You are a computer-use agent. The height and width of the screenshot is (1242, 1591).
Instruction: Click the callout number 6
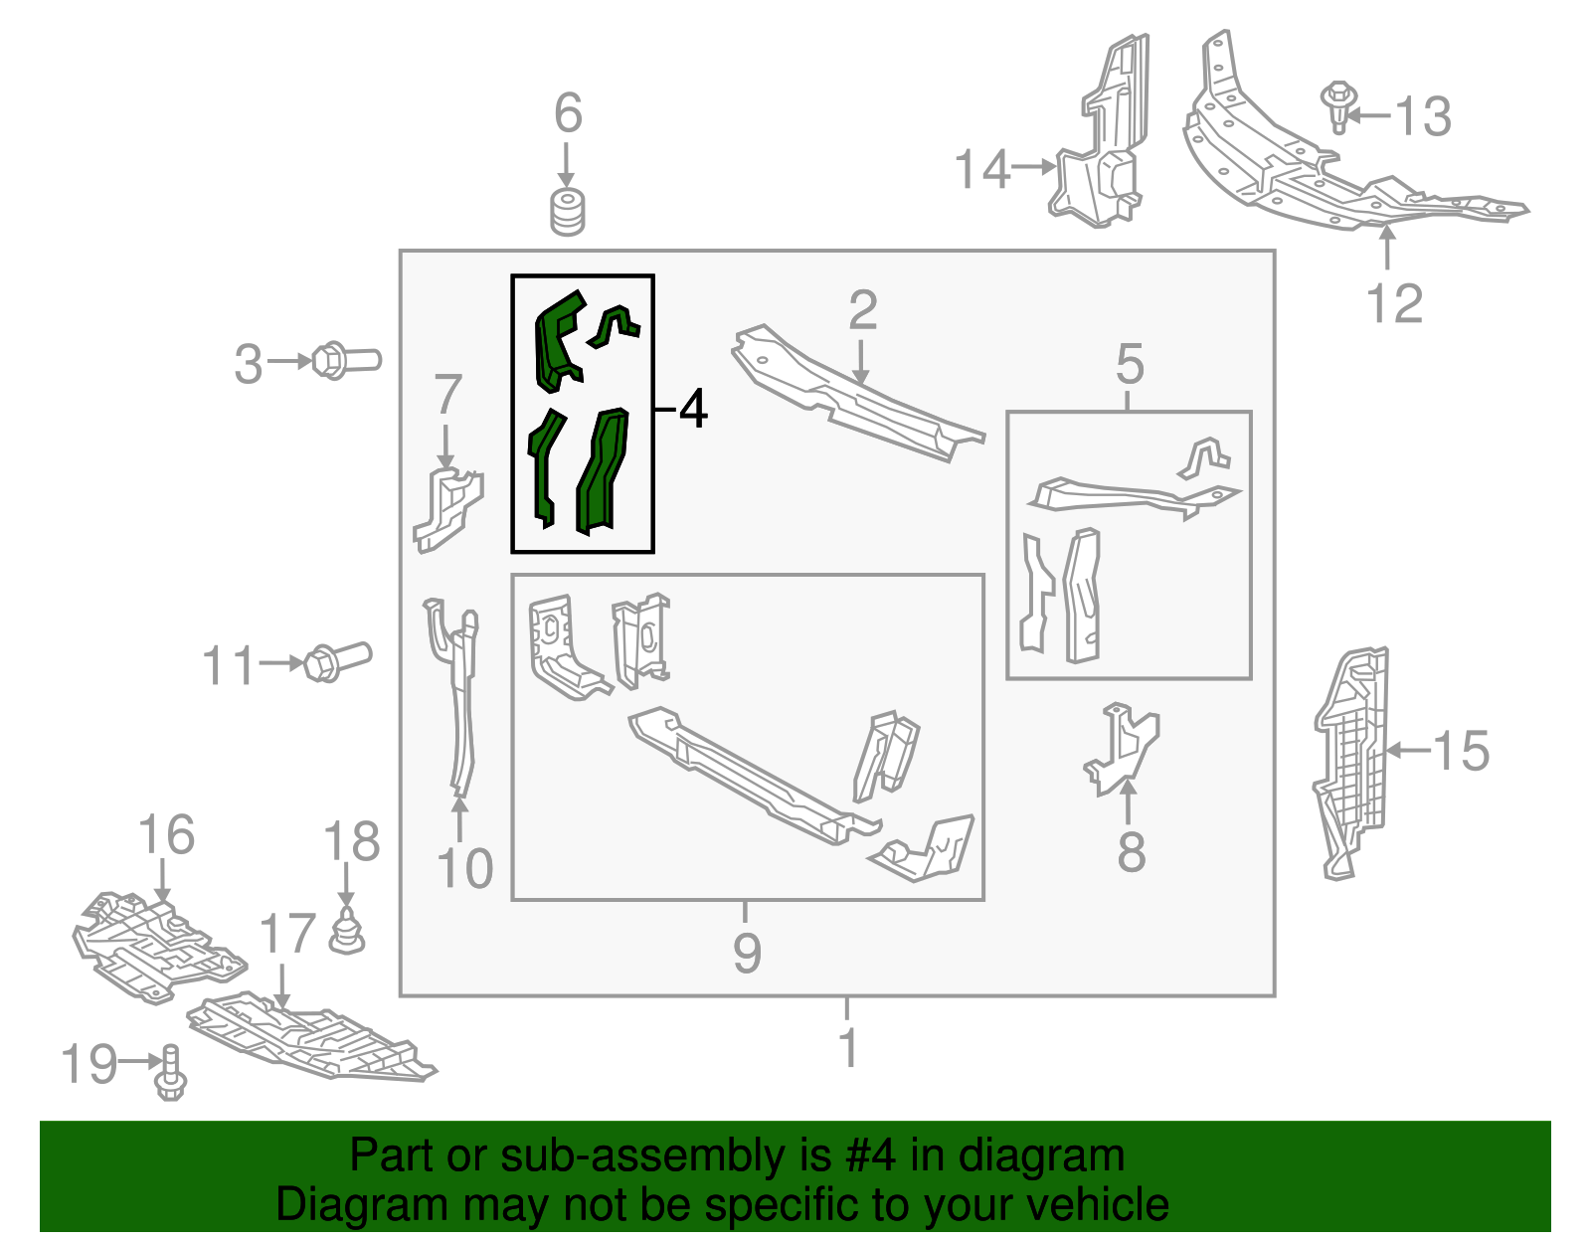[x=568, y=113]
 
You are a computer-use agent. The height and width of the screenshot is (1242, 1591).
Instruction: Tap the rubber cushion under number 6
[x=568, y=212]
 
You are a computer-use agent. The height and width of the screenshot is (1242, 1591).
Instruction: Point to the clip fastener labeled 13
[x=1338, y=106]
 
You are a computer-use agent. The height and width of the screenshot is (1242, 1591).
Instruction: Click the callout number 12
[x=1394, y=303]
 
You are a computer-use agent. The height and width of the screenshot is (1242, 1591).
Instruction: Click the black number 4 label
[x=693, y=409]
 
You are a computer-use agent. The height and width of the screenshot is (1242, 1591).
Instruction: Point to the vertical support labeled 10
[x=459, y=696]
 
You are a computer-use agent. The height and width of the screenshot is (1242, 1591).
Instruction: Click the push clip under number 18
[x=346, y=931]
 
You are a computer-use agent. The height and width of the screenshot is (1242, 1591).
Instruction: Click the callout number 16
[x=166, y=835]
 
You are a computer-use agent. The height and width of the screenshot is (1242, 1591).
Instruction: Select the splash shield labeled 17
[x=308, y=1039]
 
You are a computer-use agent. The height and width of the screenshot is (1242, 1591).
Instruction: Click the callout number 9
[x=747, y=952]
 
